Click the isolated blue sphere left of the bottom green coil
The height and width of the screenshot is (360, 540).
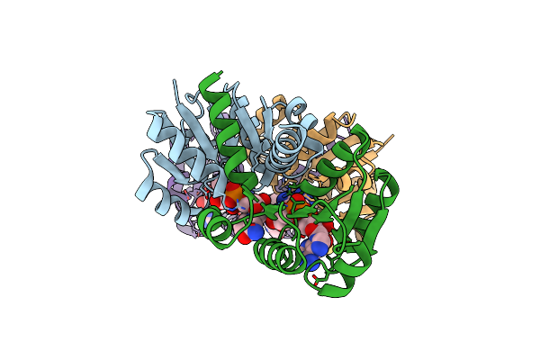(x=255, y=232)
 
